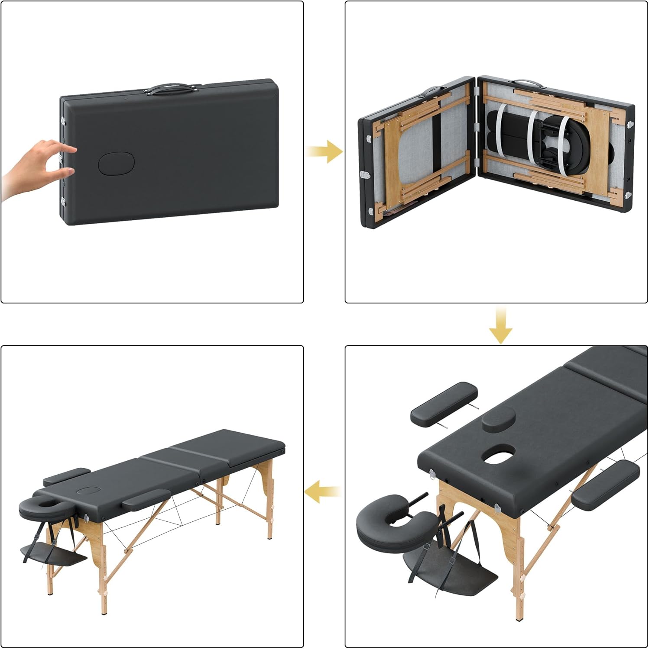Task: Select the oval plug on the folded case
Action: pos(117,163)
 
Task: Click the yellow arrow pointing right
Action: pos(325,151)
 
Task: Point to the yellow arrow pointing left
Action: pos(321,492)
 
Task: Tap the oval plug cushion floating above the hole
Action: pos(498,420)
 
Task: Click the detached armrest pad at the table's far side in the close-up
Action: pos(443,403)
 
